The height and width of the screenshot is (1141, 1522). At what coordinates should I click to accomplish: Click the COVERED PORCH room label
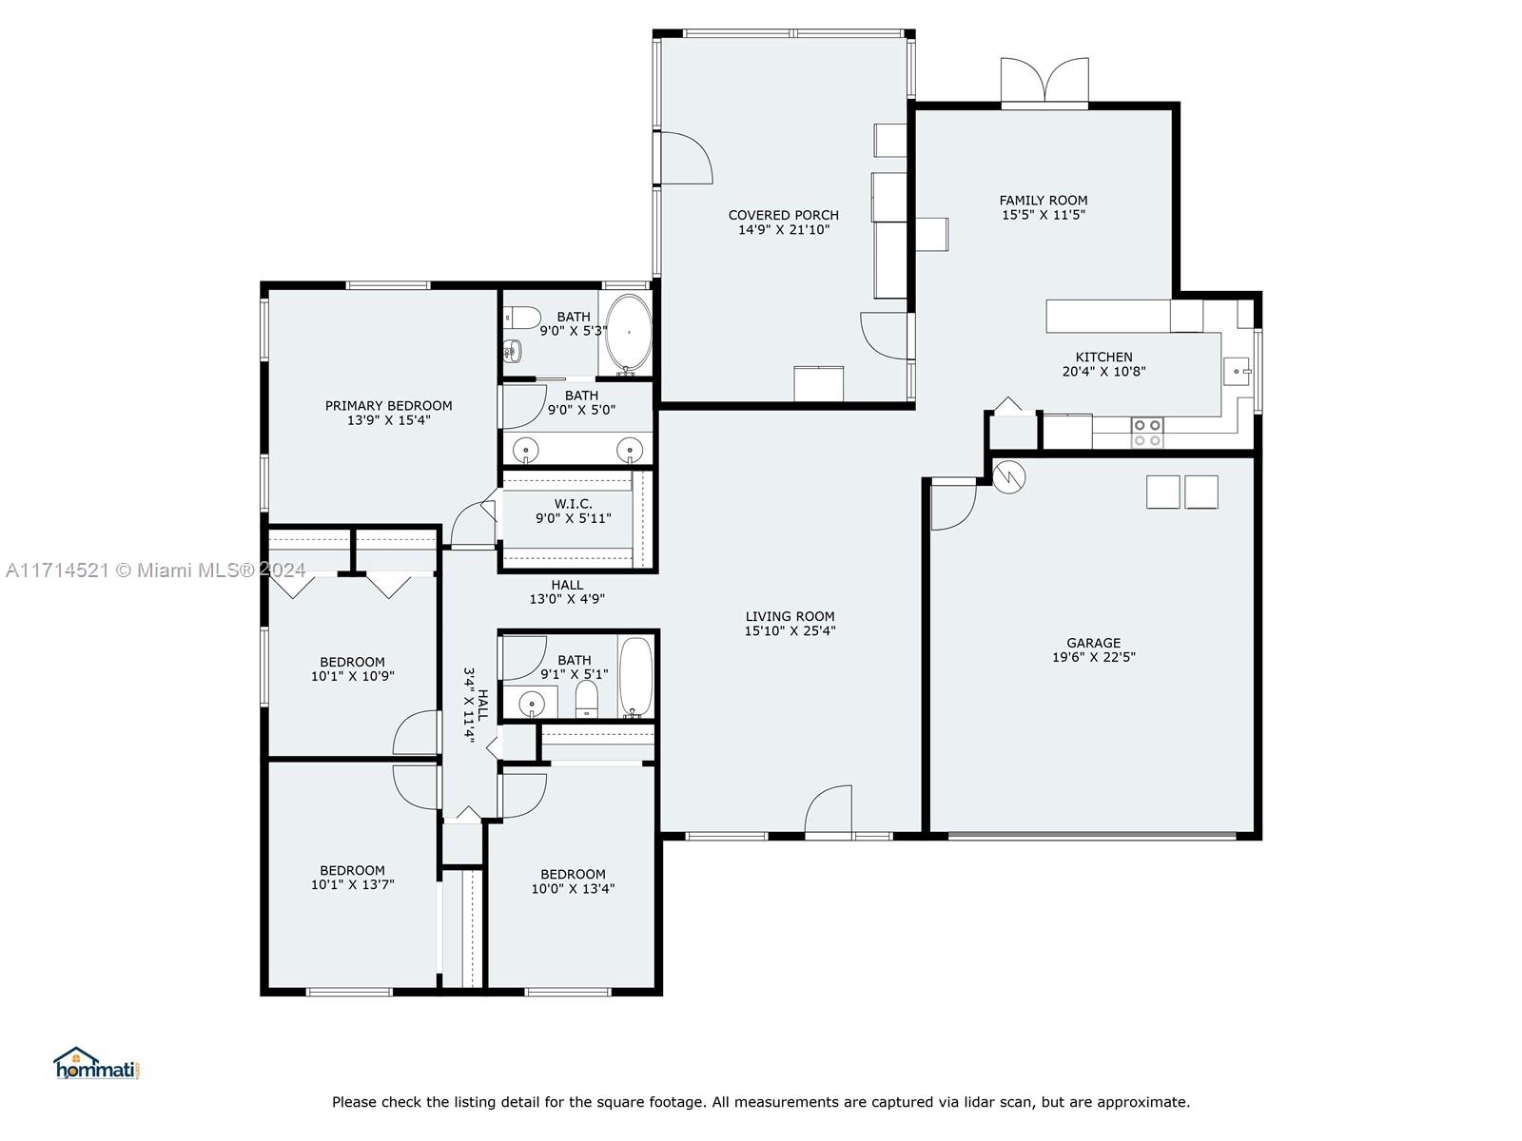784,216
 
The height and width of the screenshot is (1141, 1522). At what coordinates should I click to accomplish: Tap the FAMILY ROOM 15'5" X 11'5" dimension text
1044,215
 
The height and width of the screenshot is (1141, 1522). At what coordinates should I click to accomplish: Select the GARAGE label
1094,643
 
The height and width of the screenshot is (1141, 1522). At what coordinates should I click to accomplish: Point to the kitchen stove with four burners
1147,433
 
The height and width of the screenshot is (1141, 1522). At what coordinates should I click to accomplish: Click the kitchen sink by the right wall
1237,372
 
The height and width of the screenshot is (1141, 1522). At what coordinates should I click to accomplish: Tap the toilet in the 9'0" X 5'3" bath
523,318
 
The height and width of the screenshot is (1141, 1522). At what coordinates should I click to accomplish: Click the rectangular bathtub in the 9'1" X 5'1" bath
635,677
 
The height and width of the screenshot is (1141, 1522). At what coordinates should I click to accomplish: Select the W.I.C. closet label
574,504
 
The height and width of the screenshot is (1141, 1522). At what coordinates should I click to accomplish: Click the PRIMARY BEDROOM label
388,406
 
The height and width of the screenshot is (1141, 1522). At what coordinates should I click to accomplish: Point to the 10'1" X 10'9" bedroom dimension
352,676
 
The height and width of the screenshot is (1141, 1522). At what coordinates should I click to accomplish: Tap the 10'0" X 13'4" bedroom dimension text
573,889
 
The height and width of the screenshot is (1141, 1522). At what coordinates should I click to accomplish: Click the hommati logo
96,1063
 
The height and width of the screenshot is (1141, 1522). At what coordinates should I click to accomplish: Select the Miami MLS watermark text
155,570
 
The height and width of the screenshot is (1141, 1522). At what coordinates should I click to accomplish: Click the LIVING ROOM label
790,616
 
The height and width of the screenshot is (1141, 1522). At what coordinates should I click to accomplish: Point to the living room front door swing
828,808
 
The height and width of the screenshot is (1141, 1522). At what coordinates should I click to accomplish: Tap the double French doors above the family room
1044,83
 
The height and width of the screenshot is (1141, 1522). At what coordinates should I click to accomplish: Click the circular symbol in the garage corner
1008,477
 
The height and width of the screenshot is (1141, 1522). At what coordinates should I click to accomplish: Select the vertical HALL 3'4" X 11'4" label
476,706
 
